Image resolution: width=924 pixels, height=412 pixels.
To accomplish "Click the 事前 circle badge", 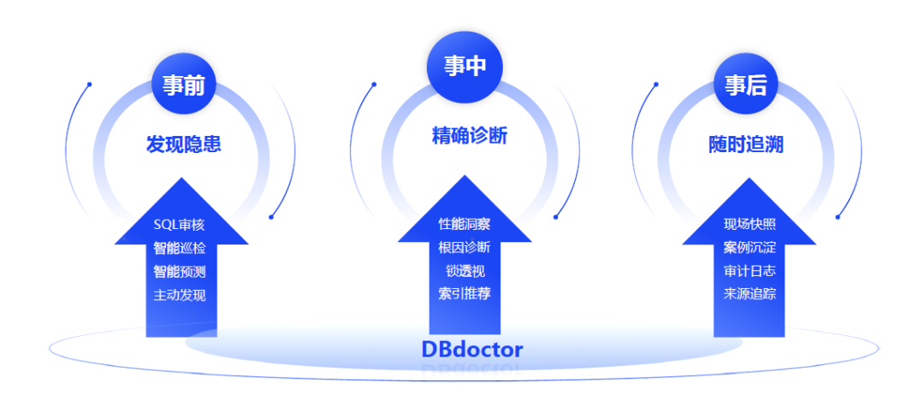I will tap(183, 85).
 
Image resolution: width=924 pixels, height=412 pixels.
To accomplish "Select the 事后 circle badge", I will tap(745, 85).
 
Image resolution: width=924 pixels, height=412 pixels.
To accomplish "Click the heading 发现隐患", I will tap(183, 144).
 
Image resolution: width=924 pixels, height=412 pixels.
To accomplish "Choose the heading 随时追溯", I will tap(745, 144).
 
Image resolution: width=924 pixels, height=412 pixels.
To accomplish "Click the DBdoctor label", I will tap(471, 349).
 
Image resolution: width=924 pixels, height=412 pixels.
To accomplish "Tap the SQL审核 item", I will tap(180, 225).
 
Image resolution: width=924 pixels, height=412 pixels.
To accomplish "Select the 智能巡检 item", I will tap(180, 248).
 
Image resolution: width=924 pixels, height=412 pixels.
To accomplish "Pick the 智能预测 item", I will tap(180, 272).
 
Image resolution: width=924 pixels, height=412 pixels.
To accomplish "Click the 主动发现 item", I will tap(180, 295).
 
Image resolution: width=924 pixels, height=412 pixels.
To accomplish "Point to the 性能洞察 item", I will tap(465, 224).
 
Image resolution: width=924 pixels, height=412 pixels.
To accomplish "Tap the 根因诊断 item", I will tap(465, 248).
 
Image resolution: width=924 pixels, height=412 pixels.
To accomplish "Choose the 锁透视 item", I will tap(465, 271).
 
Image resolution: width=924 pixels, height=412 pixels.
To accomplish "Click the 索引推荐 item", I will tap(465, 294).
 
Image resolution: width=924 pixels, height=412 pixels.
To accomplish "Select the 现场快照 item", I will tap(749, 225).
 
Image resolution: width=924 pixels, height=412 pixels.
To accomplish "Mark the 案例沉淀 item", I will tap(749, 248).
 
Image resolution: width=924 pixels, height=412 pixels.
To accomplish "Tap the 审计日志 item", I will tap(749, 271).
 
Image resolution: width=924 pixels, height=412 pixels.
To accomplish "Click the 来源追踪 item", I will tap(749, 294).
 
